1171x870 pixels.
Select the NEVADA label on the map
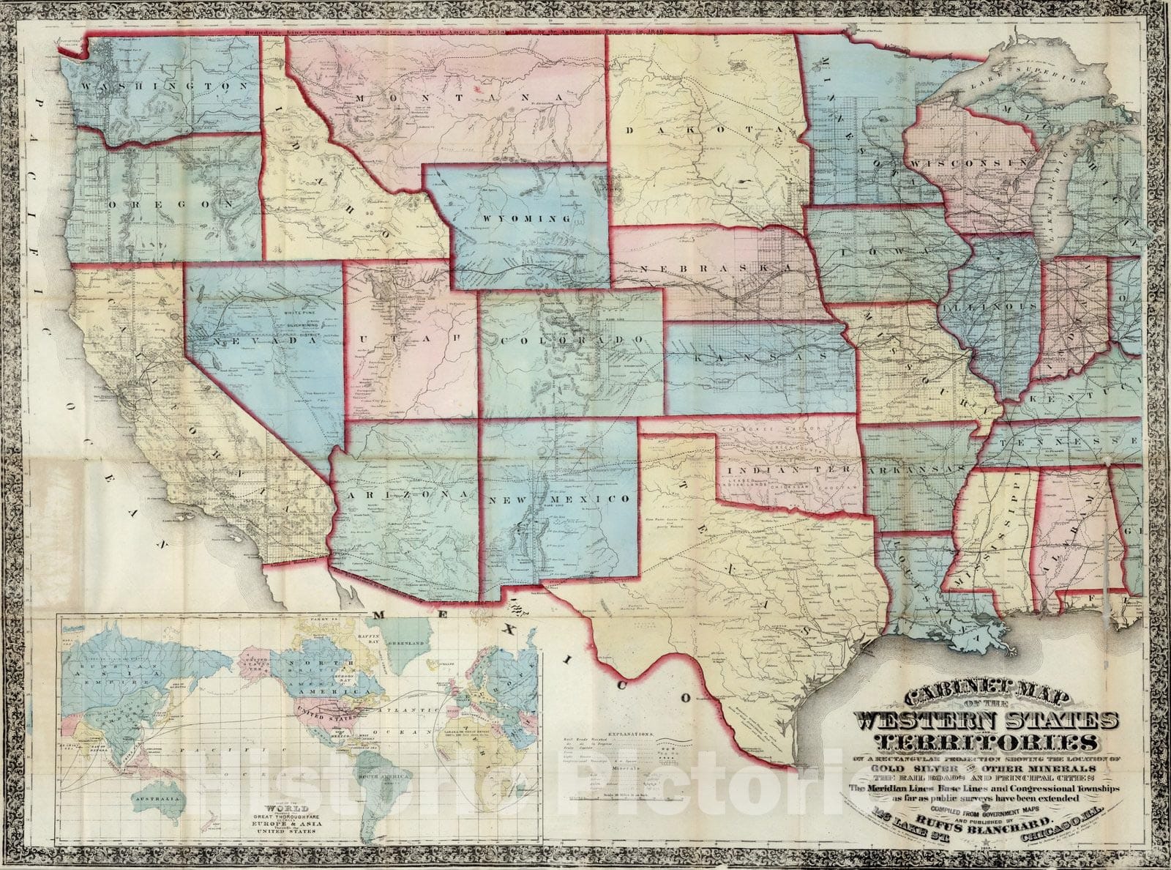[x=258, y=341]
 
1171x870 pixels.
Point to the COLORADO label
[x=572, y=341]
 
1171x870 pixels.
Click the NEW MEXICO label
[x=560, y=499]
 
